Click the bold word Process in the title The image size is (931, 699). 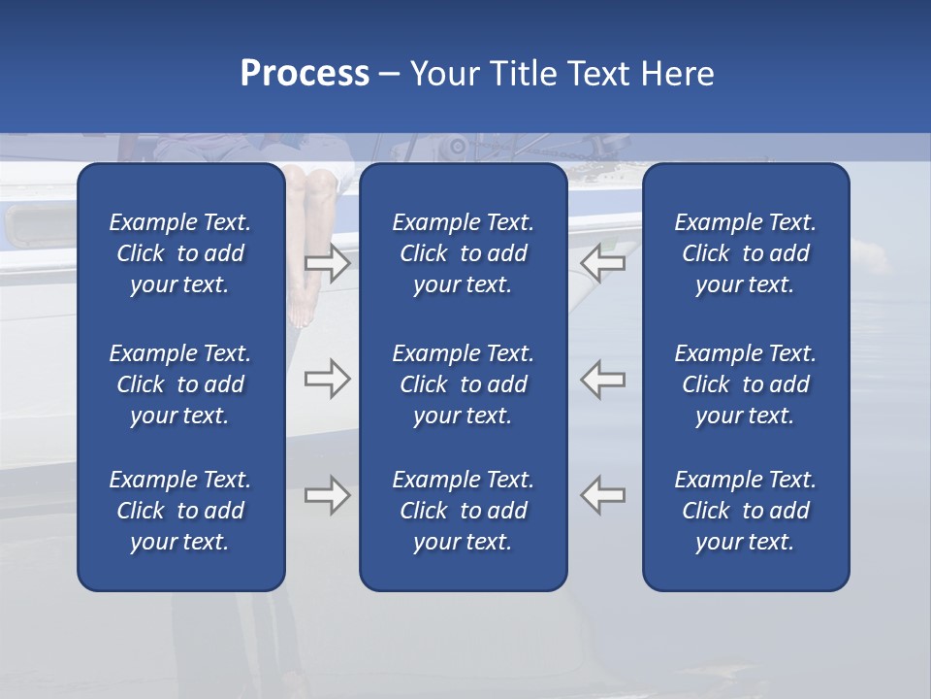point(305,74)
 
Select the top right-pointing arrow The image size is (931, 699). point(327,263)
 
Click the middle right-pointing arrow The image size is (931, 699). point(327,379)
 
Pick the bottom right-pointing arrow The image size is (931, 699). point(327,495)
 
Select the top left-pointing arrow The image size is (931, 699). point(603,263)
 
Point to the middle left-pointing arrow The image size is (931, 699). point(603,379)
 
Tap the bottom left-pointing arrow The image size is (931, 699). point(603,495)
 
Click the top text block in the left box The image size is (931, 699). point(180,253)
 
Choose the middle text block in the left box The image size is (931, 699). point(180,384)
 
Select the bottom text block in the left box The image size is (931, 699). point(180,511)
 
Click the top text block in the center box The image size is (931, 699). point(463,253)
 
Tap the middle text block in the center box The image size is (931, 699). point(463,384)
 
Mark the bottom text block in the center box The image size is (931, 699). point(463,511)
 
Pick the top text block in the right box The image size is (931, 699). point(745,253)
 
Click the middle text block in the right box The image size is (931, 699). point(745,384)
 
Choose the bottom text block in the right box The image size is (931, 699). point(745,511)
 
